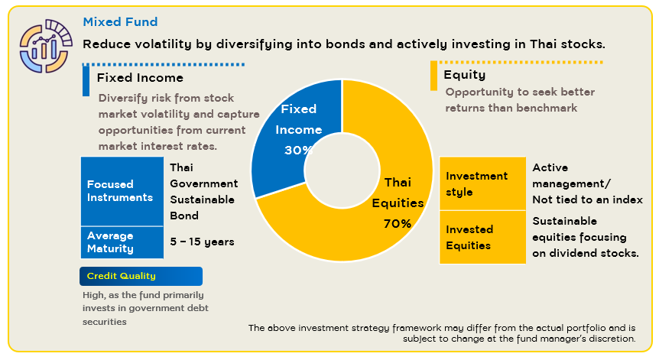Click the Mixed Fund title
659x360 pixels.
point(120,22)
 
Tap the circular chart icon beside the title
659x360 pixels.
point(45,46)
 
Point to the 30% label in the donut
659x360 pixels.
point(298,150)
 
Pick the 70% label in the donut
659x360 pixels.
point(398,223)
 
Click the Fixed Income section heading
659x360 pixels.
point(140,78)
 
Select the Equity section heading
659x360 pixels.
point(464,75)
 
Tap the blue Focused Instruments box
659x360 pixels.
point(122,191)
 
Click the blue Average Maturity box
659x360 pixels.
point(122,242)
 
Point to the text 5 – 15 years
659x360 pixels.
point(202,242)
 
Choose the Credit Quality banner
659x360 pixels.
point(141,276)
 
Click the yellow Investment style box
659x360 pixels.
point(482,183)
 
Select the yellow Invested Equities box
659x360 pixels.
point(482,238)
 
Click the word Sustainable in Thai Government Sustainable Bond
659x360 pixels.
point(202,199)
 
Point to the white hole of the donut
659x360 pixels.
point(342,170)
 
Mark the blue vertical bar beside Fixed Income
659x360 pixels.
point(86,81)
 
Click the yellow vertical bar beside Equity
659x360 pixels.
point(433,76)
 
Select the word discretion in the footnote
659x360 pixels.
point(615,339)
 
